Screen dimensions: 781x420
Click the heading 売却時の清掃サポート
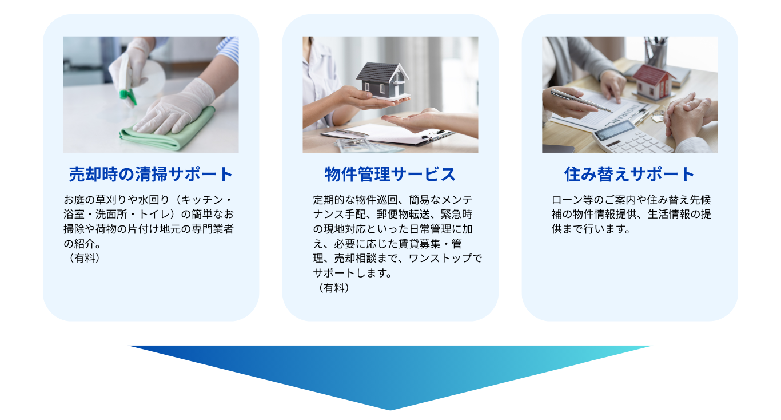[150, 174]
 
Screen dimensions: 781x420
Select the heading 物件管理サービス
[390, 174]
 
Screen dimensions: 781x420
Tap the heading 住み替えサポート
[629, 174]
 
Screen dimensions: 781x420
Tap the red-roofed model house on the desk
[651, 82]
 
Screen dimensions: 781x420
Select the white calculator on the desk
[632, 138]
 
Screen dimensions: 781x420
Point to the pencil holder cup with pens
[656, 52]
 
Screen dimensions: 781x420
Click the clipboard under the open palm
[387, 134]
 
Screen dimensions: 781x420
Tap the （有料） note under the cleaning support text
[83, 258]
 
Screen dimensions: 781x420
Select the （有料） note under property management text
[333, 288]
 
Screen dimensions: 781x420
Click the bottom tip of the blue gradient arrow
[390, 410]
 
